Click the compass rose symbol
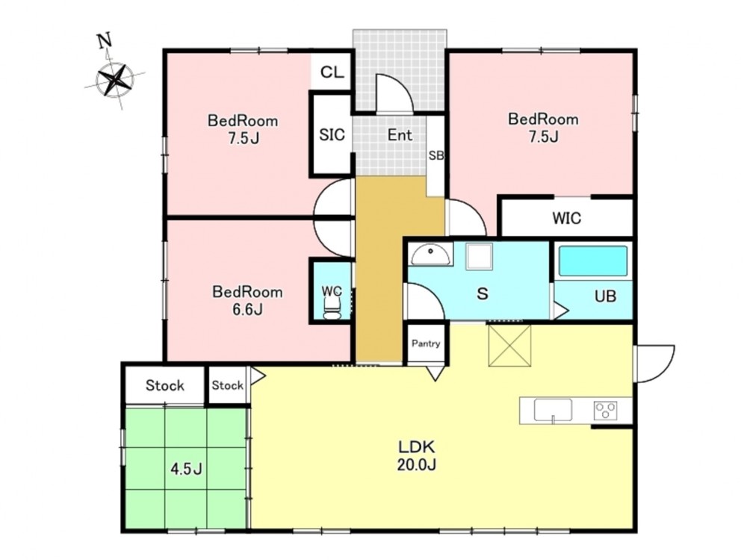[114, 80]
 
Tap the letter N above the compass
[105, 41]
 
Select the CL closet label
[332, 72]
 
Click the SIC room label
[332, 134]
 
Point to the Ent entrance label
[400, 135]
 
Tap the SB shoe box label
[436, 155]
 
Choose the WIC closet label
[566, 218]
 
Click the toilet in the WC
[332, 305]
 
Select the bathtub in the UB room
[592, 261]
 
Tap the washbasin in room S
[431, 255]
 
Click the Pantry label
[426, 343]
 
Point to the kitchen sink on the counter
[553, 410]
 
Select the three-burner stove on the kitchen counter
[606, 411]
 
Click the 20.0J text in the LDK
[417, 464]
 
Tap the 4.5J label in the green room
[187, 470]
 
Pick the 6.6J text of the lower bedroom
[247, 310]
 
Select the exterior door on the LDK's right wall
[654, 364]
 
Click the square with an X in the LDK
[509, 346]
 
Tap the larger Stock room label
[165, 385]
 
